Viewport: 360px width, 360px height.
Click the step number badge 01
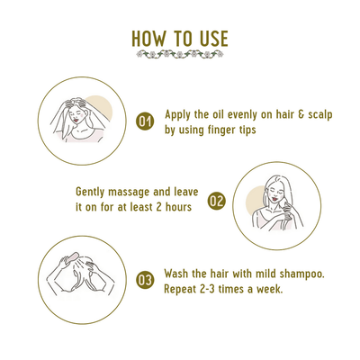tap(145, 121)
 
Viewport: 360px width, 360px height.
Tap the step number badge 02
tap(216, 201)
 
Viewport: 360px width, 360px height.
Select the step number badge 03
tap(145, 280)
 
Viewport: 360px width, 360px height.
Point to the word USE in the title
tap(213, 39)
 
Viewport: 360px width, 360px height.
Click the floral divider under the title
tap(180, 54)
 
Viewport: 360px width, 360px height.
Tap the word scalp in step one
tap(320, 115)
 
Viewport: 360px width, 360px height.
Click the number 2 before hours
tap(159, 207)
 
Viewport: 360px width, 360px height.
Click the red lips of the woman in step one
tap(77, 120)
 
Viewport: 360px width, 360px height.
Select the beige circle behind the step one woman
tap(103, 104)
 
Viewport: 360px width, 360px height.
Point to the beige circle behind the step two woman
tap(255, 200)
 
